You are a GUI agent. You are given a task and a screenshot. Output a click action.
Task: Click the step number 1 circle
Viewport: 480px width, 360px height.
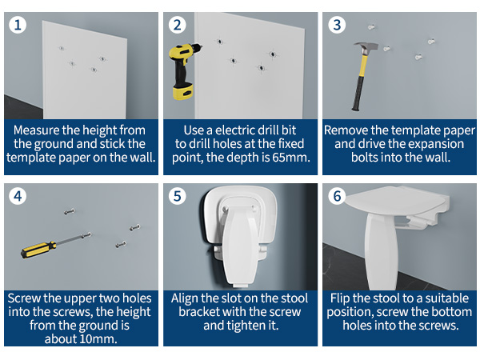tap(18, 25)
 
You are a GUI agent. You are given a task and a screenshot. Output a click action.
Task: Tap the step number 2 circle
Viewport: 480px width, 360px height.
tap(178, 25)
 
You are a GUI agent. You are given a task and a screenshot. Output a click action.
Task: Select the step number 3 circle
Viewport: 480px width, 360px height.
tap(337, 25)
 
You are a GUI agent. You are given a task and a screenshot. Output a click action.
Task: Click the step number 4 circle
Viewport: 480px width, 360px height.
tap(18, 196)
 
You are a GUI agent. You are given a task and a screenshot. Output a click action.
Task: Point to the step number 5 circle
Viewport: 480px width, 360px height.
tap(178, 196)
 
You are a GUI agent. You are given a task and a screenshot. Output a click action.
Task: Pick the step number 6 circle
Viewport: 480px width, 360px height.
tap(337, 196)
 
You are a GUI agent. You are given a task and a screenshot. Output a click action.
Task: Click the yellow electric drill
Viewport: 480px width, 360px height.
tap(183, 70)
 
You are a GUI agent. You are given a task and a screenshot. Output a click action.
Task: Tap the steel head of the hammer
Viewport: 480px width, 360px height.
tap(366, 47)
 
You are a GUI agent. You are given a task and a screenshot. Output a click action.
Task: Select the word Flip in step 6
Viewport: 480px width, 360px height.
tap(340, 298)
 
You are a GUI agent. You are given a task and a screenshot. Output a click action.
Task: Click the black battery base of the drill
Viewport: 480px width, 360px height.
tap(182, 92)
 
